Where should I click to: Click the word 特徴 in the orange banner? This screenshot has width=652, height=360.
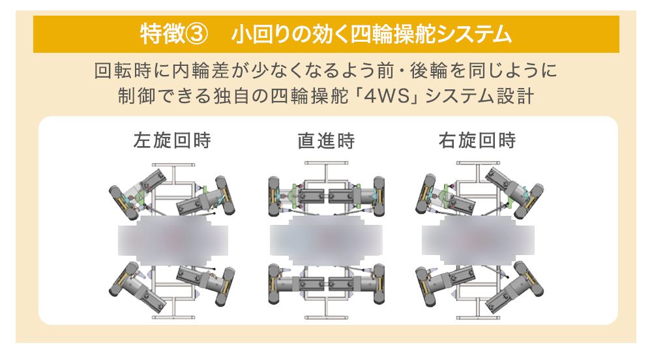(162, 34)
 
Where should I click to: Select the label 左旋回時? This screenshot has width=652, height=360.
(172, 140)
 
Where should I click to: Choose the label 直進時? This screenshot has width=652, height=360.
(326, 140)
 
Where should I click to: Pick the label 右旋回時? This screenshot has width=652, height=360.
(477, 140)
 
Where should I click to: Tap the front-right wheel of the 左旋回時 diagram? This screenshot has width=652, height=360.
(224, 196)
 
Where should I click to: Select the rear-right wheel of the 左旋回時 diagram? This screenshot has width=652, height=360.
(224, 287)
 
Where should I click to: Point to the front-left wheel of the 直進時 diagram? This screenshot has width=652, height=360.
(274, 196)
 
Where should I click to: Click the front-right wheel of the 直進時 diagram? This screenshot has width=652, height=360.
(379, 196)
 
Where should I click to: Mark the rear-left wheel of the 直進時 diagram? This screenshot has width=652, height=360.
(274, 284)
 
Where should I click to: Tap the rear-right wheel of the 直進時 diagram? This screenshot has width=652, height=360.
(379, 284)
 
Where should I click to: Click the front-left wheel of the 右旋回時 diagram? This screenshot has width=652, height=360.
(426, 196)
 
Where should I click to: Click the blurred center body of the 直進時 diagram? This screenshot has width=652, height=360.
(327, 240)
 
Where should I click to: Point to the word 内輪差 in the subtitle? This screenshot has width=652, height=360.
(201, 70)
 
